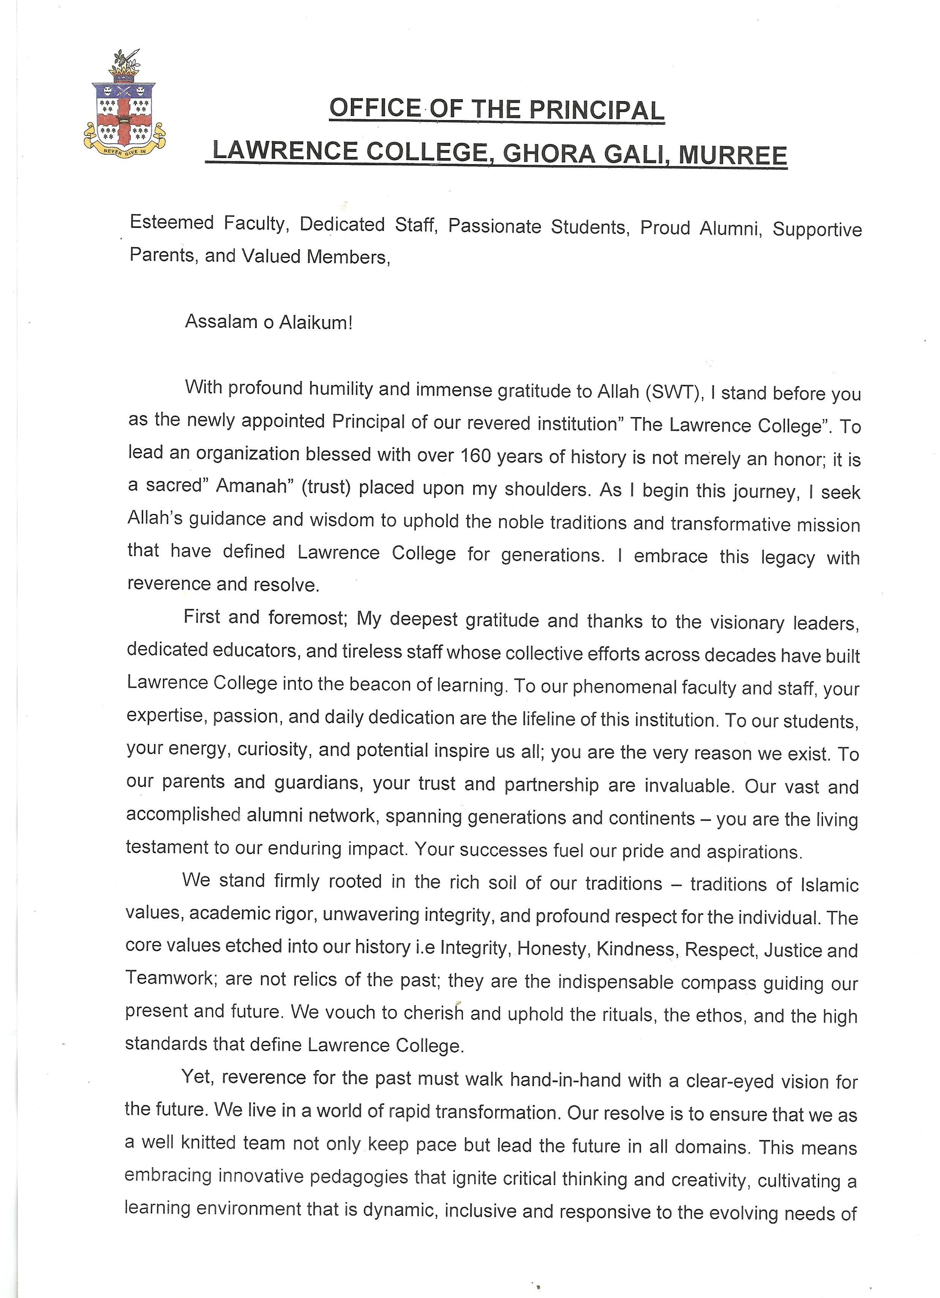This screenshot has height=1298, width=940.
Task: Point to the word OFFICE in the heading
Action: pyautogui.click(x=375, y=108)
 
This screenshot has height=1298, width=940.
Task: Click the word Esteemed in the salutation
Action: pyautogui.click(x=172, y=222)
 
